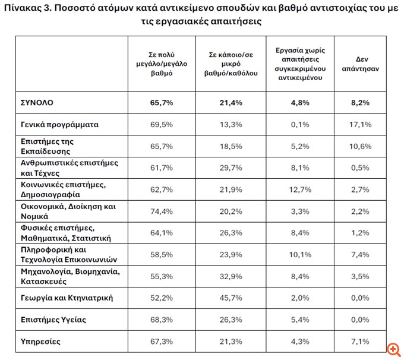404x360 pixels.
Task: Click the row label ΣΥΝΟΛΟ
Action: point(37,103)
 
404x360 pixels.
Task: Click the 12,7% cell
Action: point(299,189)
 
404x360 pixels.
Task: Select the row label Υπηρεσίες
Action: point(40,342)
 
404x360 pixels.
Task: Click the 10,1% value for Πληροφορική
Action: point(299,254)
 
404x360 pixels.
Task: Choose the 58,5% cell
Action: point(162,254)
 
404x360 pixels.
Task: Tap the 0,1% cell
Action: point(299,125)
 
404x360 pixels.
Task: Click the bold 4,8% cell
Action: point(299,103)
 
